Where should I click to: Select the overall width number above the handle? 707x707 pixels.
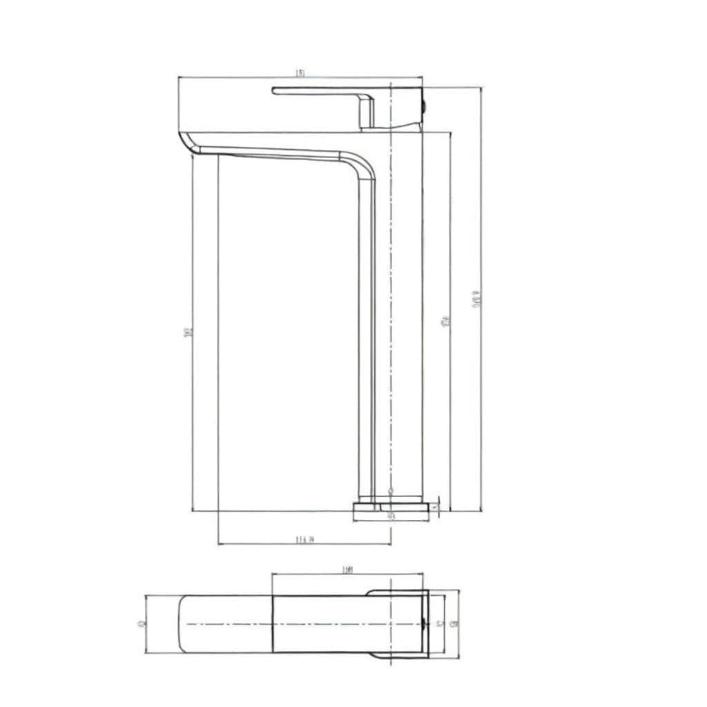(300, 72)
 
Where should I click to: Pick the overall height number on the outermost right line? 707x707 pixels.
(476, 298)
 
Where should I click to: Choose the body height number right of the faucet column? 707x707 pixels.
(445, 321)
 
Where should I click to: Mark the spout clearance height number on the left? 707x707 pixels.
(188, 331)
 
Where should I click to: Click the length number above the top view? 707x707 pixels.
(347, 570)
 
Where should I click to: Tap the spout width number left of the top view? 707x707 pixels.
(141, 623)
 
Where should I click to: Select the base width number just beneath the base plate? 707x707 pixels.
(391, 516)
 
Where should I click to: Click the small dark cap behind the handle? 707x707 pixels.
(424, 106)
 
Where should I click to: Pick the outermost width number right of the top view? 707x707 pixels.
(454, 623)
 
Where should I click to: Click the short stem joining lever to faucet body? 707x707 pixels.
(366, 113)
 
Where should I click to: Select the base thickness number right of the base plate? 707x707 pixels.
(434, 508)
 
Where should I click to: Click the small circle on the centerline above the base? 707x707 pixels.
(391, 491)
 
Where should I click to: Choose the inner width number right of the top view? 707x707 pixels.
(440, 623)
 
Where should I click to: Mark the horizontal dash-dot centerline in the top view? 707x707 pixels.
(311, 623)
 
